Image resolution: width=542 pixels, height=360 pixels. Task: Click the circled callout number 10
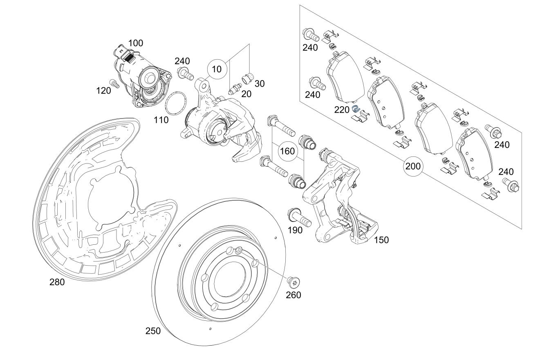coord(217,69)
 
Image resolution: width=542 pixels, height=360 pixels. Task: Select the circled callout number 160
coord(287,152)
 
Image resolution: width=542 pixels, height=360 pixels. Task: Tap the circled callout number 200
coord(413,166)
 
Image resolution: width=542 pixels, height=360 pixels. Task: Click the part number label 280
coord(57,282)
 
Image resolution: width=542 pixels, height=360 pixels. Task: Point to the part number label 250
coord(153,331)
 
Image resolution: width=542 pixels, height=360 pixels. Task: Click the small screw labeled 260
coord(294,283)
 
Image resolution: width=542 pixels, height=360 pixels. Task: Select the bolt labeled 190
coord(300,217)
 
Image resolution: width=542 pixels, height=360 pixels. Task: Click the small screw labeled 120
coord(114,84)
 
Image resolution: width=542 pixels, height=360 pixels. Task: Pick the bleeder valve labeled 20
coord(235,89)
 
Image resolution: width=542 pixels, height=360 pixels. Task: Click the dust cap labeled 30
coord(248,78)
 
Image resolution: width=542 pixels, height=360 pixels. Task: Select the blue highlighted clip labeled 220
coord(356,109)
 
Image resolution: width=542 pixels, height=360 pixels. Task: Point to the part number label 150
coord(381,240)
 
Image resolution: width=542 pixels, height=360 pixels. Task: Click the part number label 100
coord(136,43)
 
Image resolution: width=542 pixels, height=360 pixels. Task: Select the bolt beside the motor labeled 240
coord(186,73)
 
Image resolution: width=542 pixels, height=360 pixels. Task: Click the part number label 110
coord(161,120)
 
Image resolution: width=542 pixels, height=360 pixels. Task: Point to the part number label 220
coord(342,110)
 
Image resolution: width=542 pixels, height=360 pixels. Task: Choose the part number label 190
coord(295,230)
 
